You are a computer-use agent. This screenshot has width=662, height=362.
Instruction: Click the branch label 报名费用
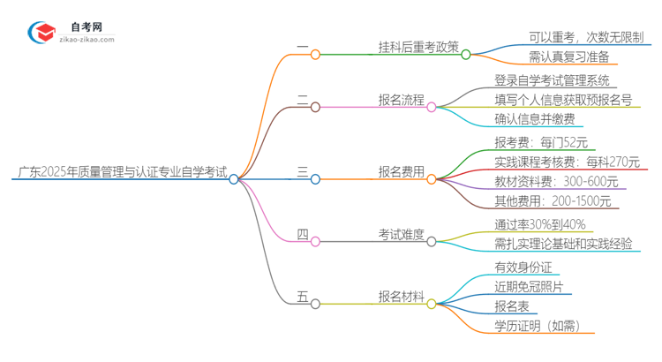click(401, 171)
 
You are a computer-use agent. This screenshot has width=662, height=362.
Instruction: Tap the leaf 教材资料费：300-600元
click(556, 182)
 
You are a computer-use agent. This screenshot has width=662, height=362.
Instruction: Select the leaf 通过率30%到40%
click(541, 224)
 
